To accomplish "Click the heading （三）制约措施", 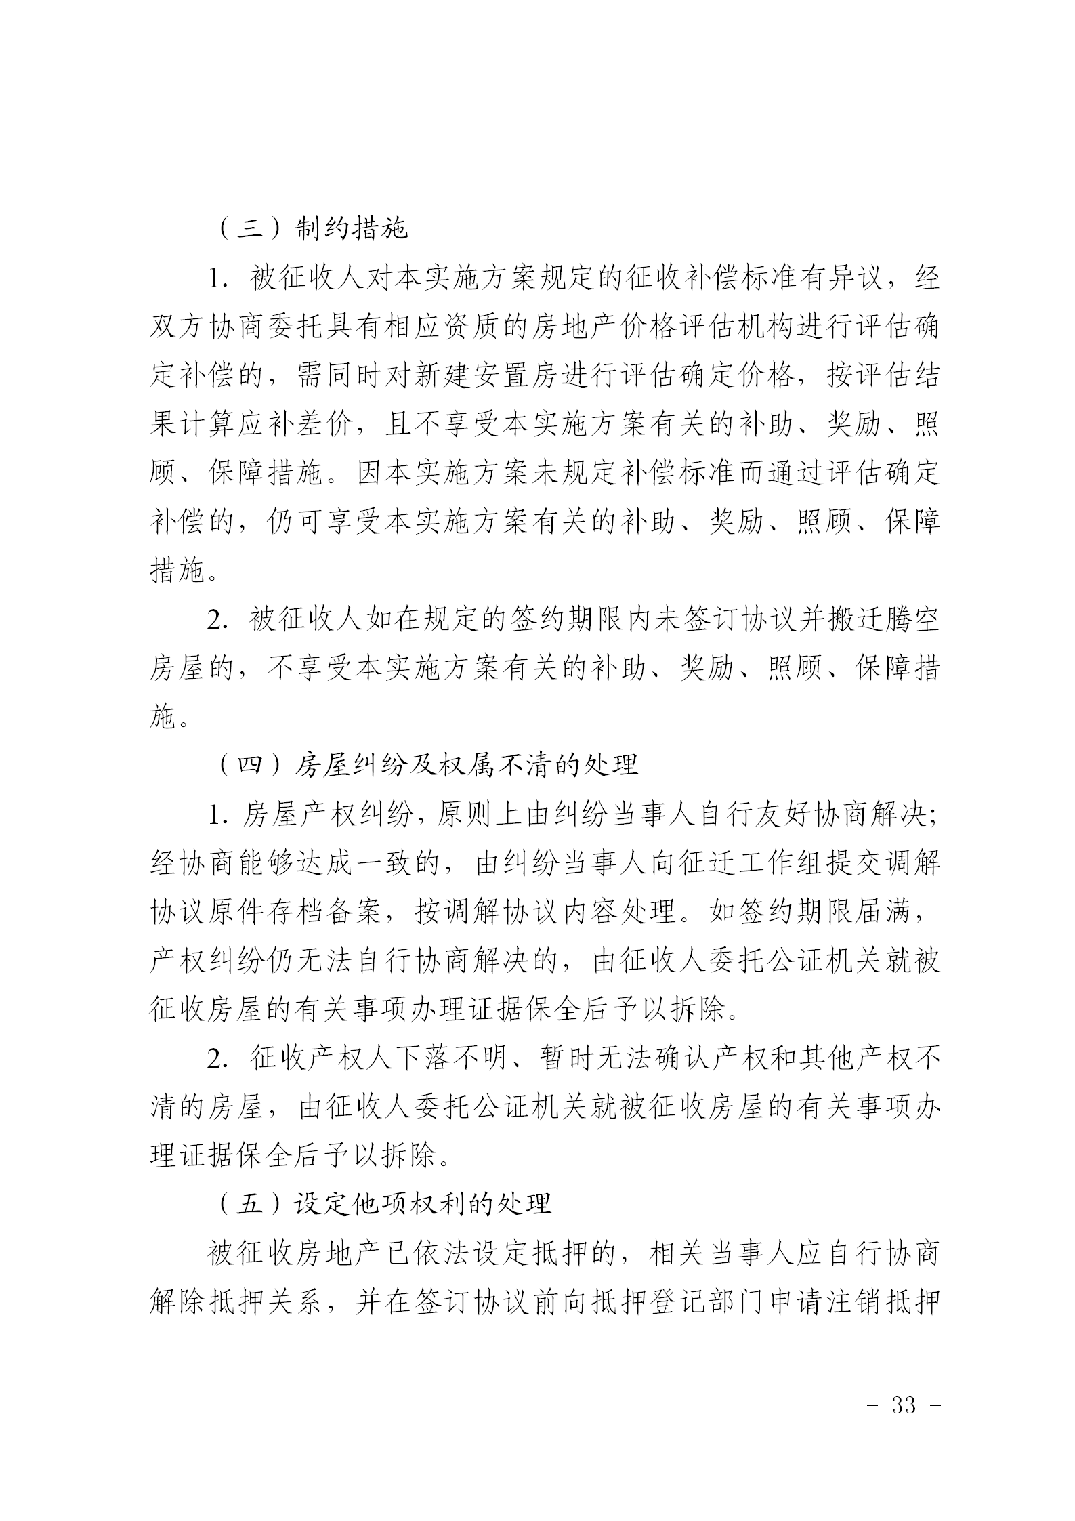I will (x=313, y=229).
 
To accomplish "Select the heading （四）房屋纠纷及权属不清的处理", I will (x=427, y=765).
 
